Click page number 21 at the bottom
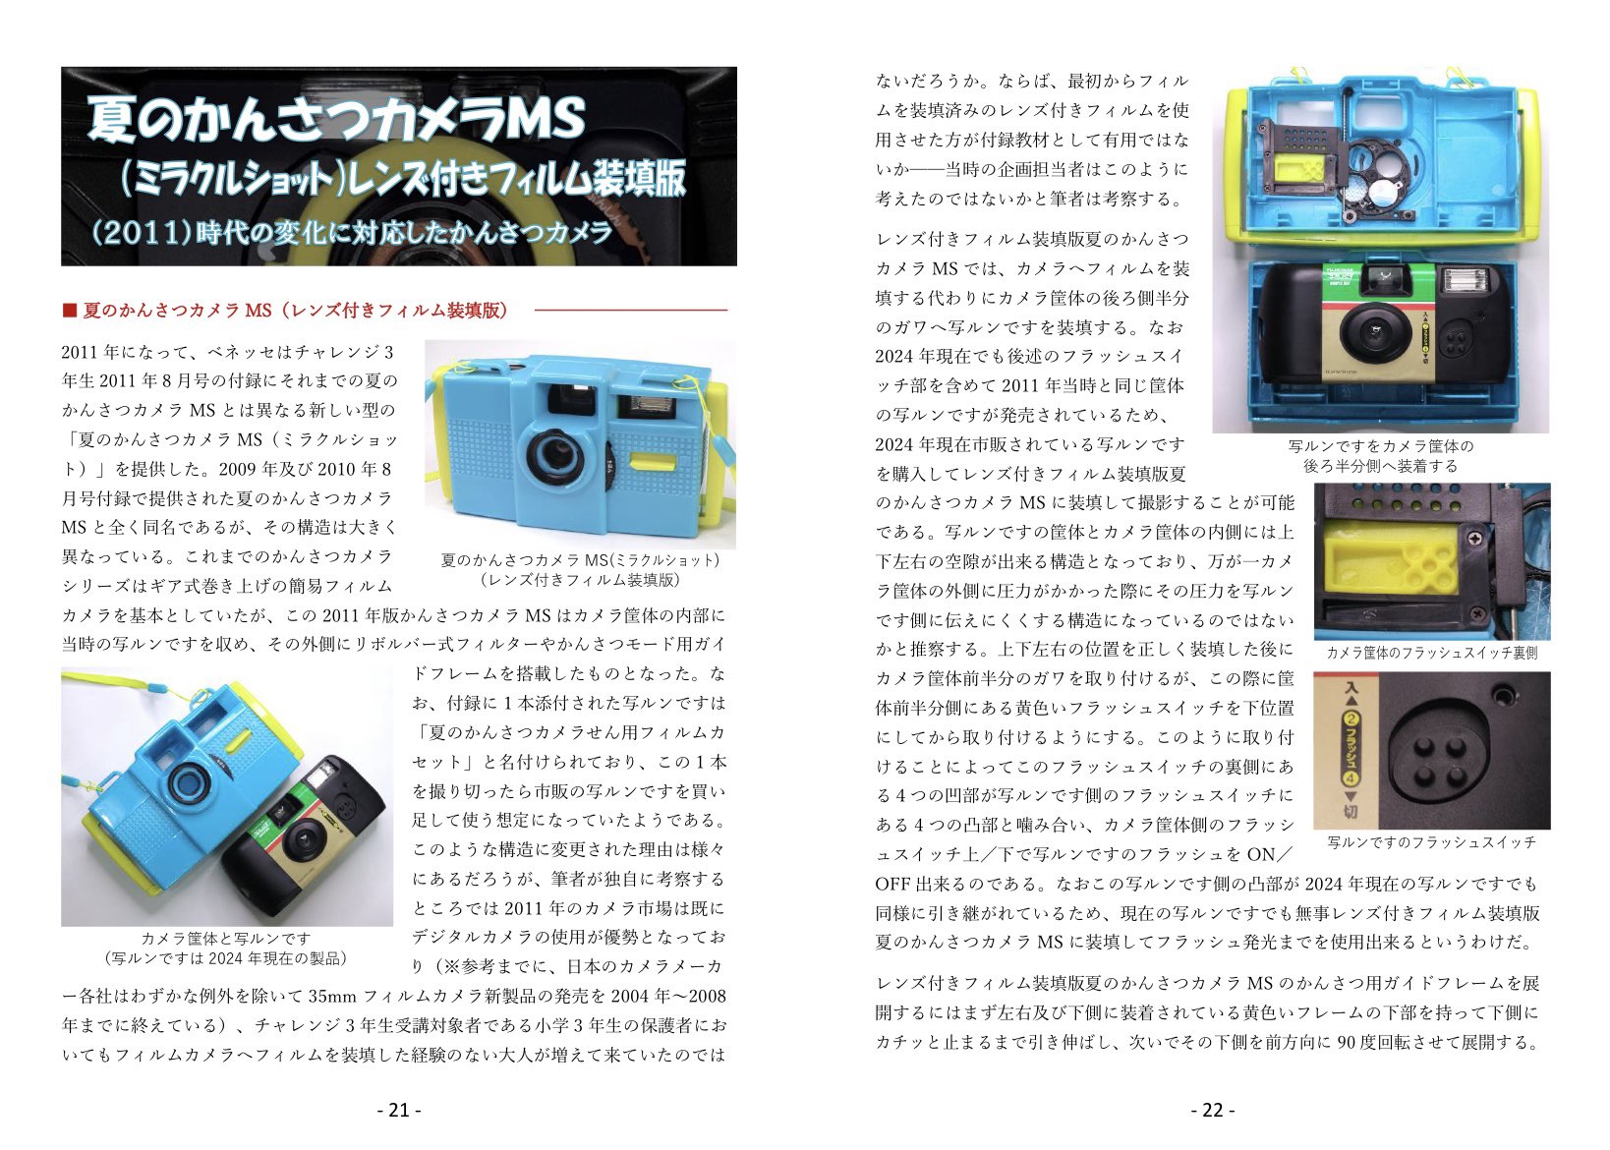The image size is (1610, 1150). click(x=399, y=1110)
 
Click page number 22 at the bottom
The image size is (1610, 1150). click(x=1212, y=1110)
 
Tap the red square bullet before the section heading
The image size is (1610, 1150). click(x=69, y=311)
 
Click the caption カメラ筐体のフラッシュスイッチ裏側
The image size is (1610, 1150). click(x=1431, y=653)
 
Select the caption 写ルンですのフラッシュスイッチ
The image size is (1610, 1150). click(x=1431, y=842)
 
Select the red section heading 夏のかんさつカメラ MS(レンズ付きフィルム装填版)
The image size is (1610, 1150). click(x=295, y=311)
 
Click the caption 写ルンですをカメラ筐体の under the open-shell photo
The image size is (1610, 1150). click(x=1380, y=446)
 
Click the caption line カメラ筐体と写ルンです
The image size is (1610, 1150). click(x=225, y=939)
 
